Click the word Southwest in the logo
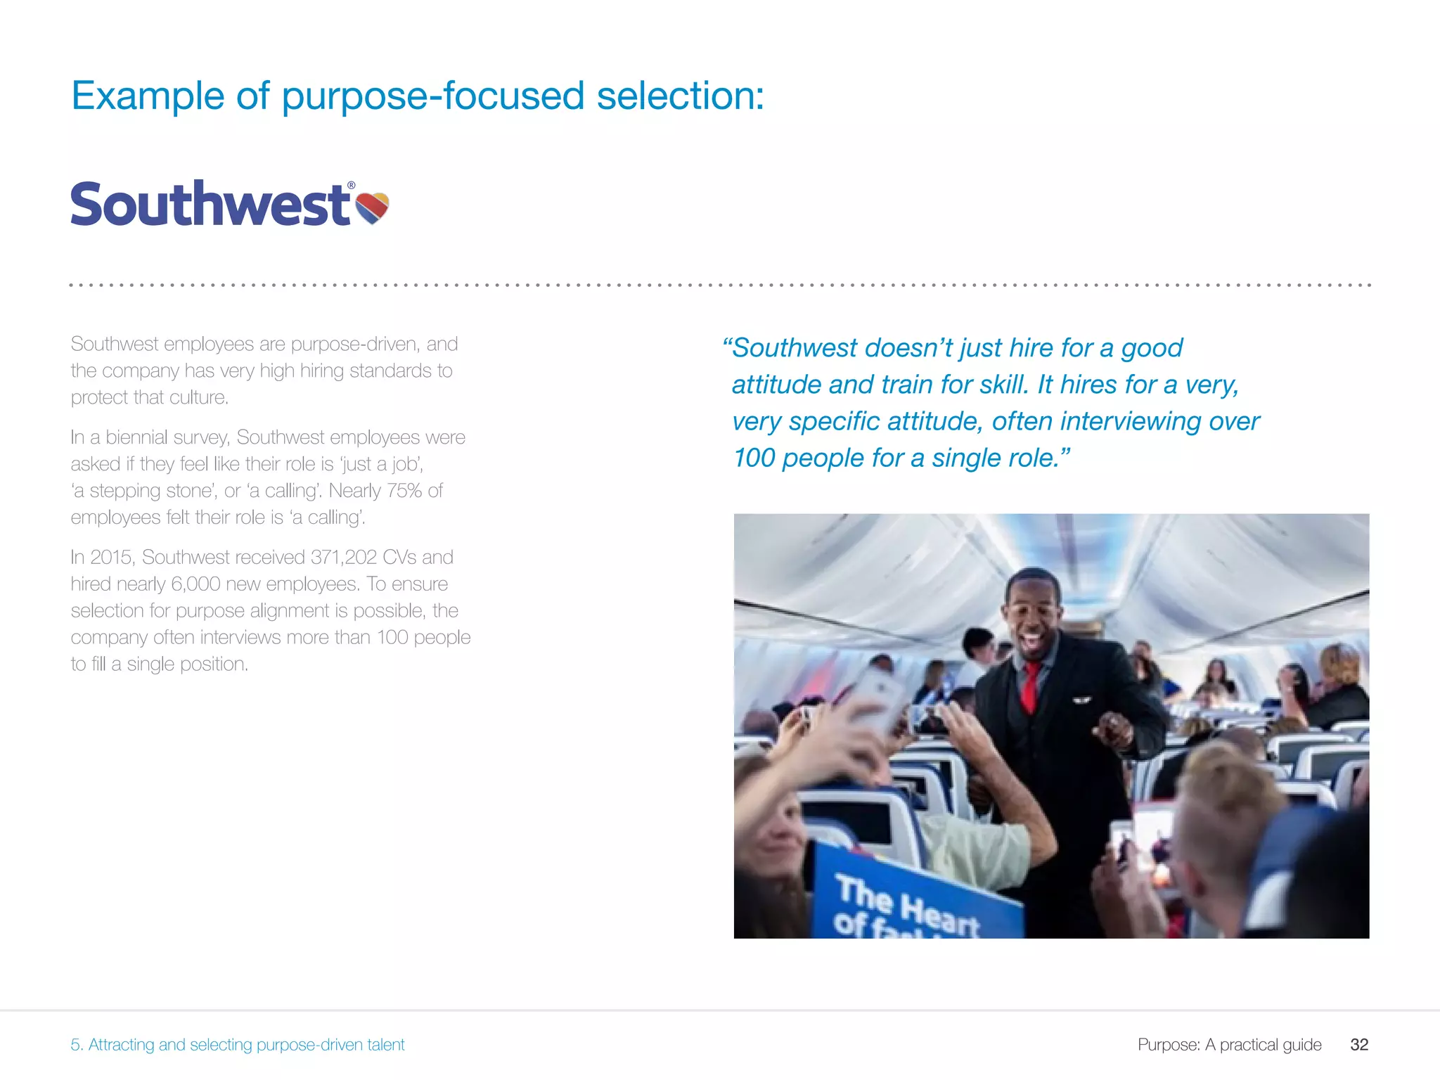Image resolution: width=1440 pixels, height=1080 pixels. (x=210, y=204)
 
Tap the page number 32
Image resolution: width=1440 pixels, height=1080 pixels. (x=1359, y=1044)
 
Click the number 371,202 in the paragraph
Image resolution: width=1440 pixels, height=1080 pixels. (x=344, y=557)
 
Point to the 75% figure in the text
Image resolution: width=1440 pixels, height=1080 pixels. (x=404, y=490)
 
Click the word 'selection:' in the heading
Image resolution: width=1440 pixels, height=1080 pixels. (x=680, y=96)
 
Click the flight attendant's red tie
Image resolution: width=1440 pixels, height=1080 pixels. (x=1030, y=686)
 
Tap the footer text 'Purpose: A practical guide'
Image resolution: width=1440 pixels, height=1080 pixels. (x=1229, y=1044)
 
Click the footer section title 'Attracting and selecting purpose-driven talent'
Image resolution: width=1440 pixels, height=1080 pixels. (x=246, y=1044)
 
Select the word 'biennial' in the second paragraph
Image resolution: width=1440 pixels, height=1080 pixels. (x=136, y=437)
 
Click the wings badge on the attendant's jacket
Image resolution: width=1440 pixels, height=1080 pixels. (x=1081, y=700)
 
